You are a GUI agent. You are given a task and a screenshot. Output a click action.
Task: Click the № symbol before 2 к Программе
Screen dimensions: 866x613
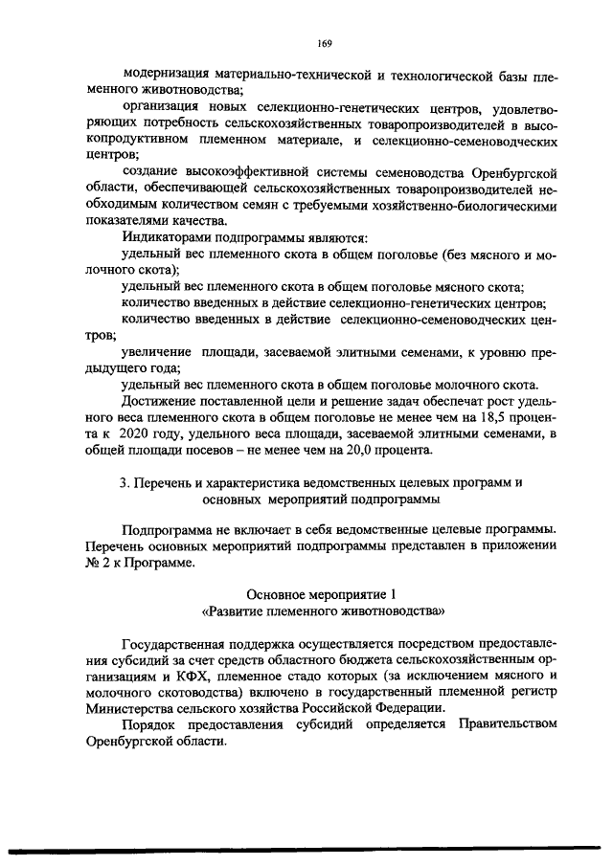[x=93, y=564]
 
